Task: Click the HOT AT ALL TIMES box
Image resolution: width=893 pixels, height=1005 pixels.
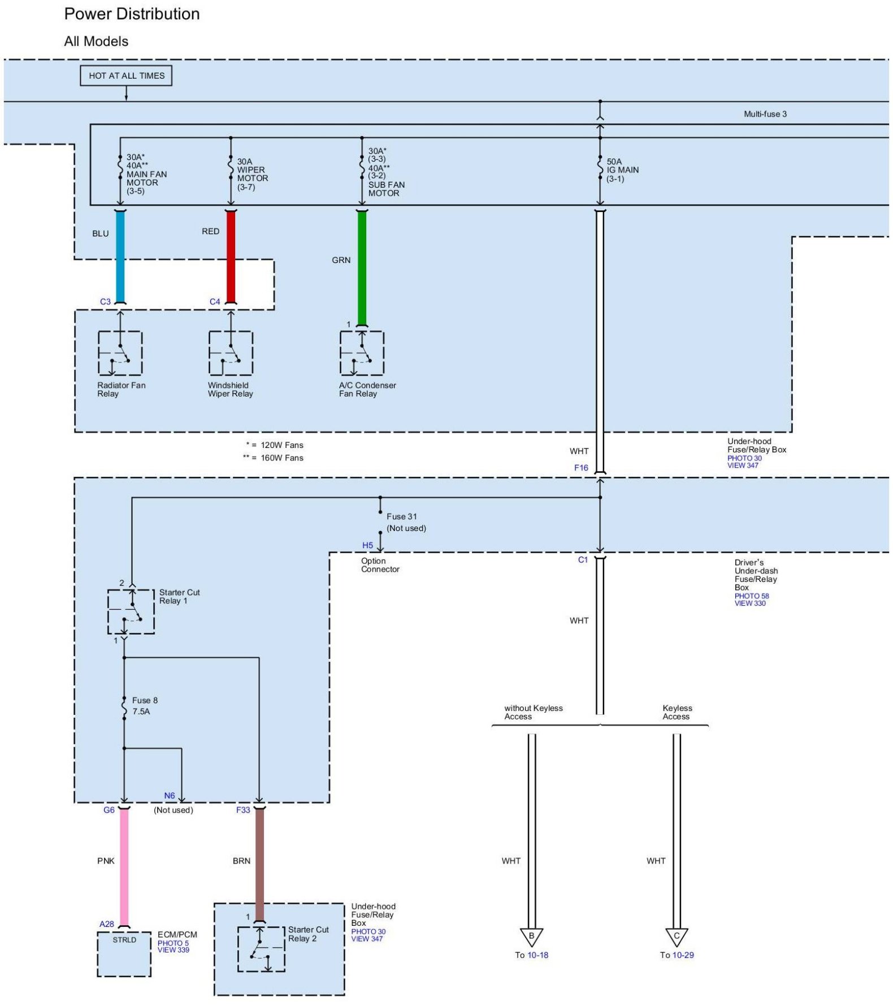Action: point(126,76)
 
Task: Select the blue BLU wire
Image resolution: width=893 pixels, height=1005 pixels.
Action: point(120,257)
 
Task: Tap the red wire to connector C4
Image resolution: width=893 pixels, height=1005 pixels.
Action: point(231,257)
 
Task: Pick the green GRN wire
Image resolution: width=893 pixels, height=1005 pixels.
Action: point(362,269)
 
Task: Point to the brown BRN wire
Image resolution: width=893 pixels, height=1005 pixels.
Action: point(259,865)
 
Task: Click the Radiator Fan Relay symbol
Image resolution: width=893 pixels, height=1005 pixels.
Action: point(120,353)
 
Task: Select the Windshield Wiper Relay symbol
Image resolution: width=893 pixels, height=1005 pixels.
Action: point(231,353)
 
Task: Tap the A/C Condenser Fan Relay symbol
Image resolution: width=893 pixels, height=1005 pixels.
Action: point(362,353)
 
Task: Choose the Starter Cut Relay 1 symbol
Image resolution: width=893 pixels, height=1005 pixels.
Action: point(131,611)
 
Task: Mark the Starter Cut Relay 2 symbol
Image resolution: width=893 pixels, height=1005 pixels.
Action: point(261,950)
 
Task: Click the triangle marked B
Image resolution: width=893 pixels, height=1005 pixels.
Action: point(531,937)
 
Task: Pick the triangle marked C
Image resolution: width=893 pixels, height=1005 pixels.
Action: point(677,937)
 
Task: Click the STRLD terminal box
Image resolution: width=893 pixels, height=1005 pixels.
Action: point(124,954)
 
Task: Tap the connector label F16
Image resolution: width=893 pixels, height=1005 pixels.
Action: point(581,468)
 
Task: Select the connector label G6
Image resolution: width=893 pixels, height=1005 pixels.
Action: point(109,810)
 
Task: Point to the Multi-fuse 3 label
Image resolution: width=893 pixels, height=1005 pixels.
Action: point(765,114)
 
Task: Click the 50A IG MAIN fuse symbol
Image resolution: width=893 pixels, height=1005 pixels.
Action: point(600,167)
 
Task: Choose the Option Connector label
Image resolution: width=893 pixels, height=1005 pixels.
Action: point(380,565)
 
